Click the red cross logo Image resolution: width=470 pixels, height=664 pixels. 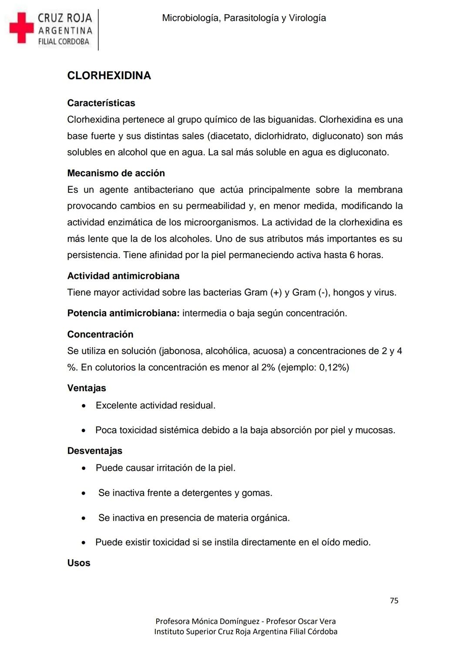(x=21, y=28)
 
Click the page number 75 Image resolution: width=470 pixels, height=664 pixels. (x=394, y=600)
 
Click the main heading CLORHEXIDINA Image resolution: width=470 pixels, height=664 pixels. (x=109, y=76)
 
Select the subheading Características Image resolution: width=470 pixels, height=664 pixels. (x=101, y=103)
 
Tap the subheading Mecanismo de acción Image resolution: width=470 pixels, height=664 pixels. (x=116, y=173)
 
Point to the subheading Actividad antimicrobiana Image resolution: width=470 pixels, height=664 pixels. (x=123, y=276)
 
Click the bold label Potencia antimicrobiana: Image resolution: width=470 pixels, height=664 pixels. (x=123, y=313)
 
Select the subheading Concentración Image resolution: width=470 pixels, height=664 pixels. (x=100, y=334)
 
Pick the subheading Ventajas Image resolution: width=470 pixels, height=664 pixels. (x=87, y=388)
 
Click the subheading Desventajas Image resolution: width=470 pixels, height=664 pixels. (x=94, y=451)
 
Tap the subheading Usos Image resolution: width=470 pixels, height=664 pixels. (x=79, y=563)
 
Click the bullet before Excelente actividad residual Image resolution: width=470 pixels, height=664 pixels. (x=84, y=406)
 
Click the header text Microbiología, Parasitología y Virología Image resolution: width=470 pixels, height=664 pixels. (x=244, y=18)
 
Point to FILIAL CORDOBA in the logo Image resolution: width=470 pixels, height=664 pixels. (x=64, y=42)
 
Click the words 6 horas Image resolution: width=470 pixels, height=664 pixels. (x=366, y=255)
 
